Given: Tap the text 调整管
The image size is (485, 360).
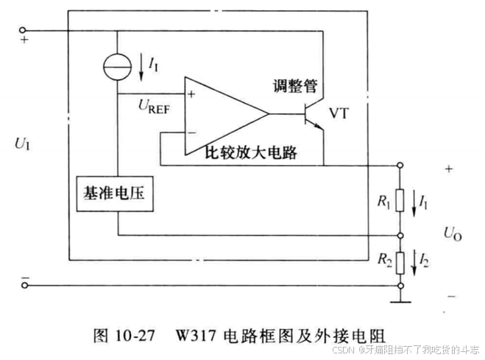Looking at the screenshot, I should click(x=295, y=86).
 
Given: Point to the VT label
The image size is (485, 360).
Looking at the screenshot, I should click(x=339, y=113).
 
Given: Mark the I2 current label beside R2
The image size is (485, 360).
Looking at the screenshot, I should click(x=423, y=258).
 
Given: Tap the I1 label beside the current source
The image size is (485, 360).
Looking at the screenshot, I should click(x=152, y=66).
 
